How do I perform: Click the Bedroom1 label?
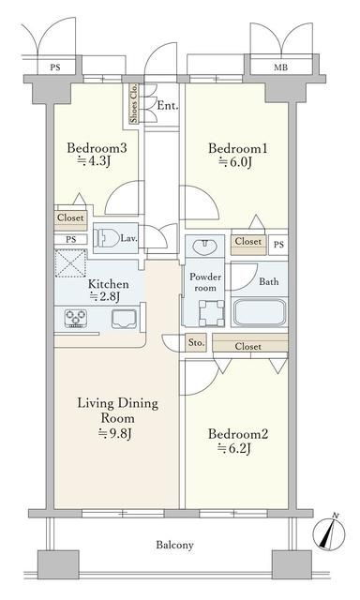point(237,148)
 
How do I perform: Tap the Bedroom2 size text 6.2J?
point(234,448)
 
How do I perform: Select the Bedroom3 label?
point(97,148)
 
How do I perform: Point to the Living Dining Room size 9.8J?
point(115,433)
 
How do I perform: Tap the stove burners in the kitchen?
point(76,319)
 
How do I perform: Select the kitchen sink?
point(124,319)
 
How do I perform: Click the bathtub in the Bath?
point(260,312)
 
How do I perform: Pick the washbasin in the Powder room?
point(204,247)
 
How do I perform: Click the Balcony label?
point(174,545)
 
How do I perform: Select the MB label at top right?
point(280,67)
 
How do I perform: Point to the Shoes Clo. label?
point(134,104)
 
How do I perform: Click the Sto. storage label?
point(196,343)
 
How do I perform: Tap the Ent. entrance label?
point(168,106)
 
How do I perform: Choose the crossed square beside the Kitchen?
point(70,262)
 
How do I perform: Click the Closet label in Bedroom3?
point(70,217)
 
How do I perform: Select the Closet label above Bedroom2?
point(248,346)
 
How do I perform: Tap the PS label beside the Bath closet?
point(278,244)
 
